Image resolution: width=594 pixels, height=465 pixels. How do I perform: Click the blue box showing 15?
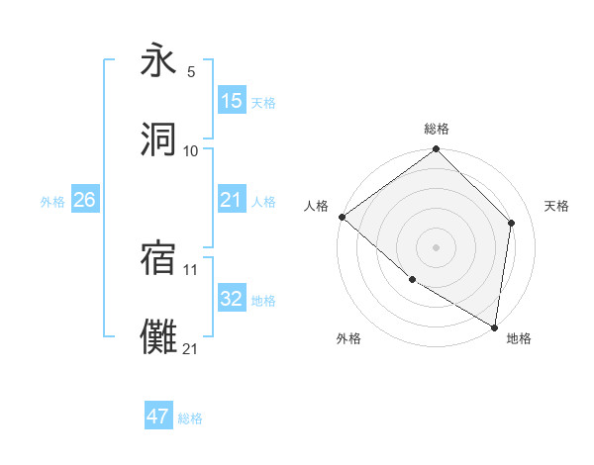[x=232, y=102]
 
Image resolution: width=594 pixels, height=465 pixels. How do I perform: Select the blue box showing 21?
[x=232, y=201]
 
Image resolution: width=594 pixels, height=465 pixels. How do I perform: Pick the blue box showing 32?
[x=232, y=300]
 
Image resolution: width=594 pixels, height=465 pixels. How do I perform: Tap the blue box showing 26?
[x=84, y=201]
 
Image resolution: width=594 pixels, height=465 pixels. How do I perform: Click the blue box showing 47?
[x=158, y=417]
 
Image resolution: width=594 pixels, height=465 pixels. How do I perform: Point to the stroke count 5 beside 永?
[x=191, y=72]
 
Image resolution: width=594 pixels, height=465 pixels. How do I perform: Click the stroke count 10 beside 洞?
[x=191, y=150]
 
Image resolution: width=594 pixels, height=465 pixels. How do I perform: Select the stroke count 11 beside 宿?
[x=191, y=268]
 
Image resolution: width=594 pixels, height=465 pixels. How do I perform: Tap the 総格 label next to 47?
[x=190, y=418]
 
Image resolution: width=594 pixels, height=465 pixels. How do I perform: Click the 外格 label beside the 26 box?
[x=52, y=202]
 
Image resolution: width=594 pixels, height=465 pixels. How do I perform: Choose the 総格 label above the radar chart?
[x=437, y=129]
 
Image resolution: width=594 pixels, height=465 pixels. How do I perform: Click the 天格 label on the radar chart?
[x=557, y=206]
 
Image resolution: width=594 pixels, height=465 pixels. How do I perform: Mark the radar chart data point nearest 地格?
[x=495, y=327]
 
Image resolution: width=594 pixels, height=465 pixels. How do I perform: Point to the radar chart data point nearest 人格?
[x=342, y=217]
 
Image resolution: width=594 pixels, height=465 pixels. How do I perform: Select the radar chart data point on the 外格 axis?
[x=412, y=280]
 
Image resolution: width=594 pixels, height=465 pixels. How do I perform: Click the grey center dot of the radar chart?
[x=437, y=247]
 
